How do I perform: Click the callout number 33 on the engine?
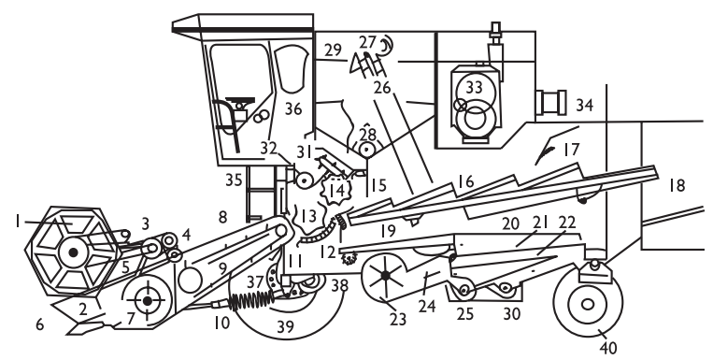[x=474, y=86]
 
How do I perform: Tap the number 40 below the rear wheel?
[x=608, y=348]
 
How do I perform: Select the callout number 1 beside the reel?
[x=17, y=222]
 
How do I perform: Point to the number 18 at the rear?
[x=677, y=186]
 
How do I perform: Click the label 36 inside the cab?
[x=293, y=108]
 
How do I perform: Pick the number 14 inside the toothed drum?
[x=336, y=190]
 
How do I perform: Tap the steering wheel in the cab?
[x=240, y=101]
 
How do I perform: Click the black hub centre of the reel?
[x=73, y=252]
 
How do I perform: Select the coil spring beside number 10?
[x=251, y=300]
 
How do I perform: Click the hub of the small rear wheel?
[x=588, y=304]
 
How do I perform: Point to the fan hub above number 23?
[x=386, y=275]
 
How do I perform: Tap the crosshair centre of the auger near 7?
[x=147, y=301]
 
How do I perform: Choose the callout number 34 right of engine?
[x=585, y=105]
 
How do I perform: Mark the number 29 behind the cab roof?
[x=333, y=50]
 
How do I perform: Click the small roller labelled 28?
[x=366, y=150]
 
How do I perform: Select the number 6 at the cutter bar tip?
[x=39, y=324]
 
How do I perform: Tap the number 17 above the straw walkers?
[x=572, y=150]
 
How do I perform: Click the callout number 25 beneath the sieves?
[x=464, y=314]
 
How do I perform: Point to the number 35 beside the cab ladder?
[x=234, y=180]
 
